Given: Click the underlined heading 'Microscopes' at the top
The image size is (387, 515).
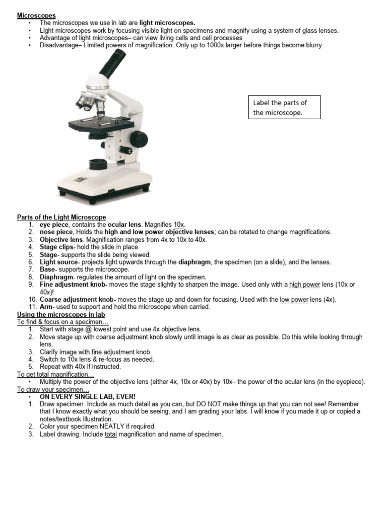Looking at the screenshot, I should click(x=36, y=16).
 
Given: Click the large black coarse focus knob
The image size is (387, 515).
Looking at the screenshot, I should click(x=139, y=138).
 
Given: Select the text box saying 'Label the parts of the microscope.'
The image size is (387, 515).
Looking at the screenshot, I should click(x=285, y=108).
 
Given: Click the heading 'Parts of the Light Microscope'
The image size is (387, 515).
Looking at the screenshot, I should click(x=61, y=217).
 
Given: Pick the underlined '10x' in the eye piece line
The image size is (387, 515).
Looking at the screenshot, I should click(x=179, y=224).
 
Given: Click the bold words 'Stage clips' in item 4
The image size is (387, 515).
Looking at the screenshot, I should click(x=56, y=247).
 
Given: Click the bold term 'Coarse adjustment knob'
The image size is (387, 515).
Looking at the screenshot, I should click(x=76, y=300).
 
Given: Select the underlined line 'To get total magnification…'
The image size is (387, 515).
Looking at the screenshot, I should click(x=56, y=375).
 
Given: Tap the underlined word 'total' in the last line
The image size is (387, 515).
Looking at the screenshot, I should click(x=110, y=434).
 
